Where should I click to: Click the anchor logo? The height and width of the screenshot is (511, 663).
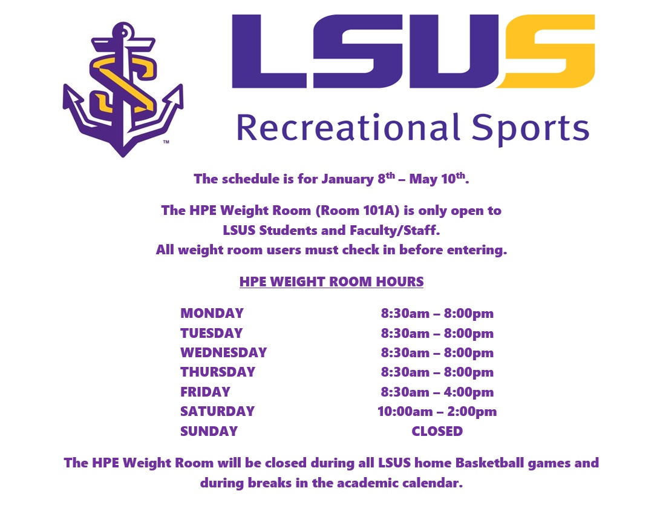[x=123, y=89]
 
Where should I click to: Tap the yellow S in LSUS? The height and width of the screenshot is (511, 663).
[x=546, y=51]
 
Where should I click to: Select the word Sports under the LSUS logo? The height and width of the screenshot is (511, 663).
[x=531, y=129]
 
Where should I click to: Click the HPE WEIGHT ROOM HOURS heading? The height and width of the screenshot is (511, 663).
[x=331, y=282]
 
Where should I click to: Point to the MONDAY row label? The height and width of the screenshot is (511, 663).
[x=212, y=313]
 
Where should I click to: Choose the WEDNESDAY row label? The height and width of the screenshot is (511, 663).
[x=224, y=352]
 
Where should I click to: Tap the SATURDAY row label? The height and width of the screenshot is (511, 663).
[x=217, y=411]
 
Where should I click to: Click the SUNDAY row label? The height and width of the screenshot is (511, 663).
[x=209, y=431]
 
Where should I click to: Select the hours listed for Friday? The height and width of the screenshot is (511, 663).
[x=437, y=392]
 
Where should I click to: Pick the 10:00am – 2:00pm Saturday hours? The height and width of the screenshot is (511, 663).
[x=437, y=412]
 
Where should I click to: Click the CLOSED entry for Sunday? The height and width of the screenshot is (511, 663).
[x=437, y=431]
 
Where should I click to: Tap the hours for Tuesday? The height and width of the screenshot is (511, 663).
[x=437, y=333]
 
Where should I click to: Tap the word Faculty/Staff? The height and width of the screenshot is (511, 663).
[x=395, y=230]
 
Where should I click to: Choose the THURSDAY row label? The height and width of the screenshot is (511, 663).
[x=218, y=372]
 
